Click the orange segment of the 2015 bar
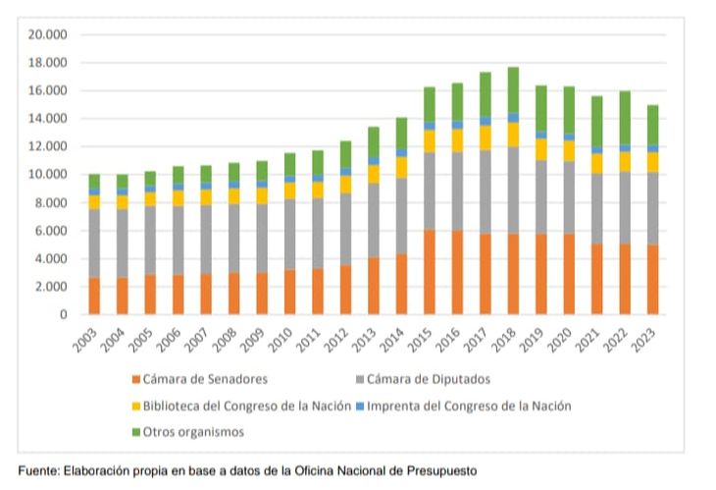[430, 272]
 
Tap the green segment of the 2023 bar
[652, 125]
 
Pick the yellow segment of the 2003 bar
[94, 201]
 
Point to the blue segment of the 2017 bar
[486, 121]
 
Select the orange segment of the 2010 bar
[290, 292]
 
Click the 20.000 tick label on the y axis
[47, 34]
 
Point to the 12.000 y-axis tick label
[47, 146]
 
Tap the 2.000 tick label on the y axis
[51, 287]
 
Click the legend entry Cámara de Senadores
[201, 379]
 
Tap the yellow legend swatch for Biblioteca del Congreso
[135, 406]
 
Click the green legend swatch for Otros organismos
[135, 431]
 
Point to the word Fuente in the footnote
[40, 471]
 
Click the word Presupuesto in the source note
[438, 471]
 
